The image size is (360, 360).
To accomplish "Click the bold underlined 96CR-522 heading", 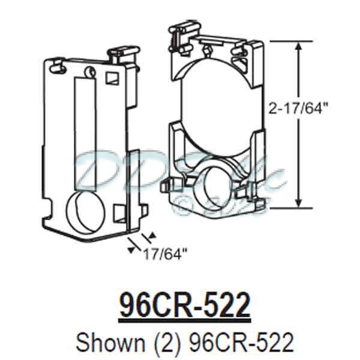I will [x=184, y=306].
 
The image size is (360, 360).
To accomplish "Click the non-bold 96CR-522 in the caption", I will [x=241, y=342].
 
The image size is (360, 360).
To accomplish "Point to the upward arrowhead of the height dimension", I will [x=297, y=45].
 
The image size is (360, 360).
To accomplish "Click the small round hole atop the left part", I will [x=90, y=71].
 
